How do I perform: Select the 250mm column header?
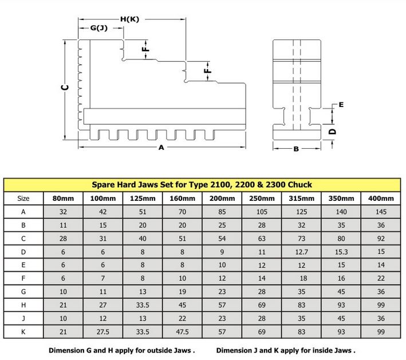(262, 199)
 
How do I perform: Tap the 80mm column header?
(64, 199)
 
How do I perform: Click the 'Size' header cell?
(23, 199)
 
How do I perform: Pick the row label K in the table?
(23, 331)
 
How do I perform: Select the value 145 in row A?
(381, 212)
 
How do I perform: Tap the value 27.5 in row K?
(103, 331)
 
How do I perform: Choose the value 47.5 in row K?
(182, 331)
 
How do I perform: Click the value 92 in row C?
(381, 238)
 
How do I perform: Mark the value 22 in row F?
(381, 278)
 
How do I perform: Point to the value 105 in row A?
(262, 212)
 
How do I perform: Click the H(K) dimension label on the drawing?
(129, 19)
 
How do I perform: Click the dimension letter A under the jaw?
(161, 148)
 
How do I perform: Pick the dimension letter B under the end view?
(296, 149)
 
